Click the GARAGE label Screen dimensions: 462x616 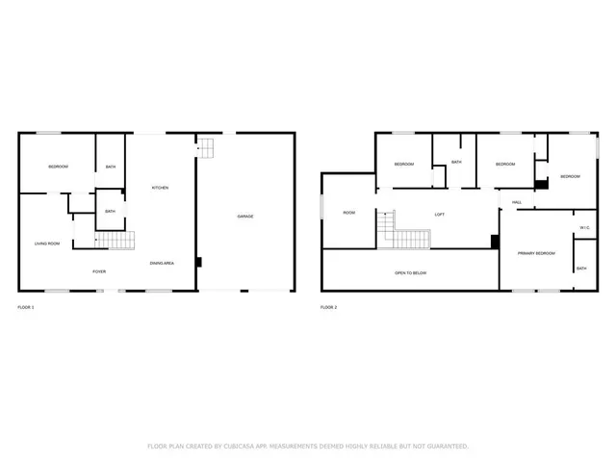pyautogui.click(x=245, y=217)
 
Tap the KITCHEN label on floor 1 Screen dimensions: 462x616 pyautogui.click(x=160, y=188)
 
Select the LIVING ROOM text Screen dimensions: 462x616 pyautogui.click(x=47, y=244)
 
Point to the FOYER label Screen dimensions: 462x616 pyautogui.click(x=99, y=272)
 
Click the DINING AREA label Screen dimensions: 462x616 pyautogui.click(x=162, y=263)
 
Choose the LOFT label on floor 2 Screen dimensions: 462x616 pyautogui.click(x=440, y=215)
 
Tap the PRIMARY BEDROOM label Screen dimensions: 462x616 pyautogui.click(x=536, y=252)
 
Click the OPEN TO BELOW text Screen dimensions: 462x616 pyautogui.click(x=411, y=273)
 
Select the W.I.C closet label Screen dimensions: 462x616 pyautogui.click(x=584, y=227)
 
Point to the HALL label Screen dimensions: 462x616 pyautogui.click(x=517, y=202)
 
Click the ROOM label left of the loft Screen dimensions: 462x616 pyautogui.click(x=349, y=213)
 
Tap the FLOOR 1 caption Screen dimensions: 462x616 pyautogui.click(x=26, y=307)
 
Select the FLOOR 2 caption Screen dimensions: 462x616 pyautogui.click(x=329, y=307)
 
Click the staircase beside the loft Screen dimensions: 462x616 pyautogui.click(x=407, y=236)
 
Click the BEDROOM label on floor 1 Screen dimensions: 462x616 pyautogui.click(x=58, y=167)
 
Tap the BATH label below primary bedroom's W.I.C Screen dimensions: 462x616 pyautogui.click(x=581, y=269)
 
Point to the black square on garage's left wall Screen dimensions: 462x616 pyautogui.click(x=198, y=261)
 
